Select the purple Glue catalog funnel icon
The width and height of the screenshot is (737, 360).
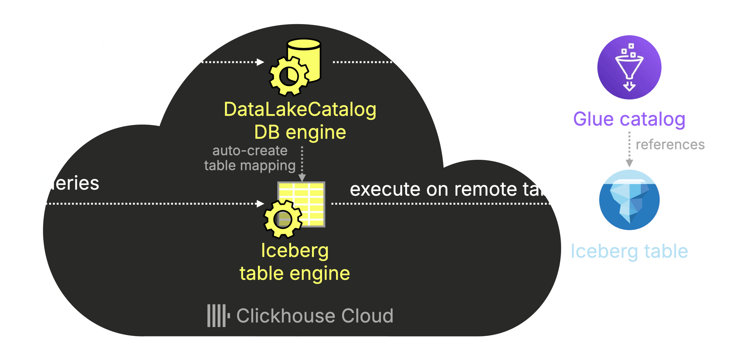[629, 67]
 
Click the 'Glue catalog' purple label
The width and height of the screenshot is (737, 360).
[629, 119]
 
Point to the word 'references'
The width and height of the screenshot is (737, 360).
[670, 145]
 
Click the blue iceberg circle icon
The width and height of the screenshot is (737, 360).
[629, 200]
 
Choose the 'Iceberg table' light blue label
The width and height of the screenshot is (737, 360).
[629, 251]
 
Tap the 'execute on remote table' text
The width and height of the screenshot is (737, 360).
[458, 189]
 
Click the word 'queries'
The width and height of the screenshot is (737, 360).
[66, 183]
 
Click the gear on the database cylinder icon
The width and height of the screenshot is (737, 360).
[289, 77]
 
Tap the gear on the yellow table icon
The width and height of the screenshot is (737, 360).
[283, 219]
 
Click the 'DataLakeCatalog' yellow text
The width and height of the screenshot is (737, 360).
[300, 110]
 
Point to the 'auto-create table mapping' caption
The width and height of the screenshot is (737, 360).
[250, 158]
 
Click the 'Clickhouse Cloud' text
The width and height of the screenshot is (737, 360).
[315, 316]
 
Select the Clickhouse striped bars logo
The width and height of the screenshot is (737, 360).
[218, 316]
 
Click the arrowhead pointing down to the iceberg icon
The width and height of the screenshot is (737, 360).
[629, 163]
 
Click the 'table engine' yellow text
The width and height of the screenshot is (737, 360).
[294, 274]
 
